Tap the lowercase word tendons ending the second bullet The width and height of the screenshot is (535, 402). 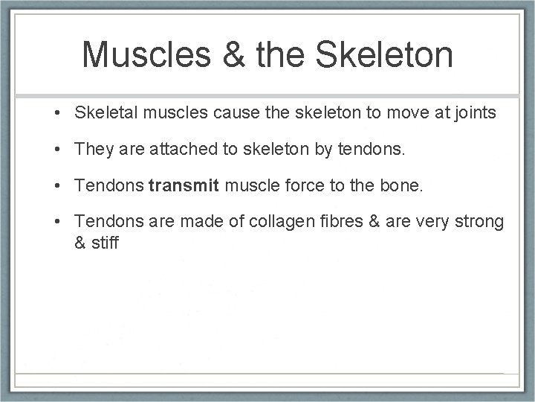[369, 149]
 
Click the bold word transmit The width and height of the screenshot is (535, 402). [184, 185]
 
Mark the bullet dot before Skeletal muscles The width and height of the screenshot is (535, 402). [56, 113]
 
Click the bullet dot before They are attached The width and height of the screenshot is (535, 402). [56, 150]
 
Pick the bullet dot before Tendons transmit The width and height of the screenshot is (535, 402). [56, 186]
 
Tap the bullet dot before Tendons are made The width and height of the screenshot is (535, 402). [56, 223]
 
